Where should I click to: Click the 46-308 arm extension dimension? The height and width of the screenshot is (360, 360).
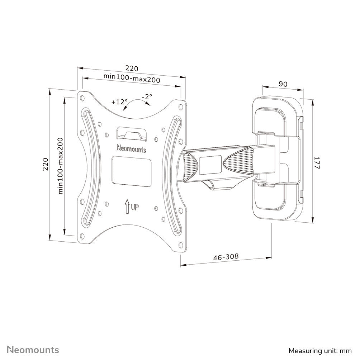(x=226, y=257)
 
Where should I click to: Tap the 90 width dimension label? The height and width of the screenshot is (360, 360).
(x=283, y=84)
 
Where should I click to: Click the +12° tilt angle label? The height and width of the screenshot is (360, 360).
(x=119, y=101)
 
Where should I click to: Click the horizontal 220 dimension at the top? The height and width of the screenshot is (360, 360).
(x=131, y=68)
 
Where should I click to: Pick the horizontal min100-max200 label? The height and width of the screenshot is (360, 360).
(x=132, y=76)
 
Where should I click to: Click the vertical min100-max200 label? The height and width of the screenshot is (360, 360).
(x=61, y=166)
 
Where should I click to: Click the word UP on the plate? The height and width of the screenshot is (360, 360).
(x=135, y=207)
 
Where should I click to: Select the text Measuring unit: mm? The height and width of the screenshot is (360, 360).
(x=320, y=350)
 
